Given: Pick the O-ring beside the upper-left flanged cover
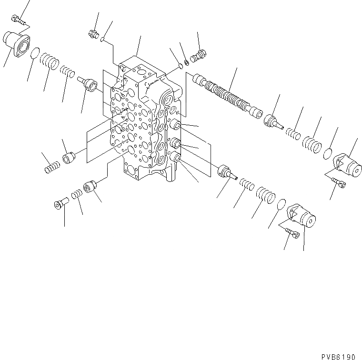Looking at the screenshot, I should pos(34,55).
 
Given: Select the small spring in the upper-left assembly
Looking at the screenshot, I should pos(69,72).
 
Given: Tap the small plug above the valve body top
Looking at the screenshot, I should pos(93,34).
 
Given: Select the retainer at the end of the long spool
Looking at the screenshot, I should pos(275,120).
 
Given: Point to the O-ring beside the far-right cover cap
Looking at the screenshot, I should pos(327,154).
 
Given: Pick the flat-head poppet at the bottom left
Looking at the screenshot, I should pos(60,205).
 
